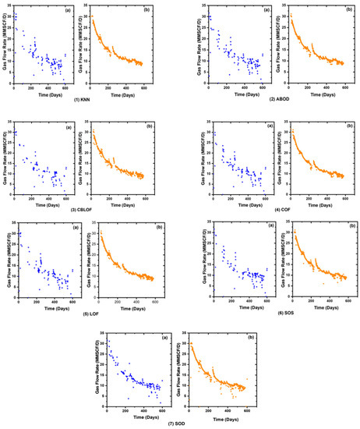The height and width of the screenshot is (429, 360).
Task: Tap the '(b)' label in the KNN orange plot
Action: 146,11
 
